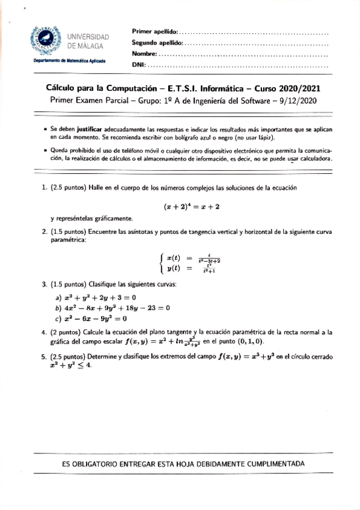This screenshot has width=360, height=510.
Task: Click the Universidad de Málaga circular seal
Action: click(46, 40)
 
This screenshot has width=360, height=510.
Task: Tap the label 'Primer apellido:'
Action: click(154, 31)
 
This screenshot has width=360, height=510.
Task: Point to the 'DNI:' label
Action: click(138, 65)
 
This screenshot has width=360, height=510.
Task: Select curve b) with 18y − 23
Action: click(113, 308)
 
